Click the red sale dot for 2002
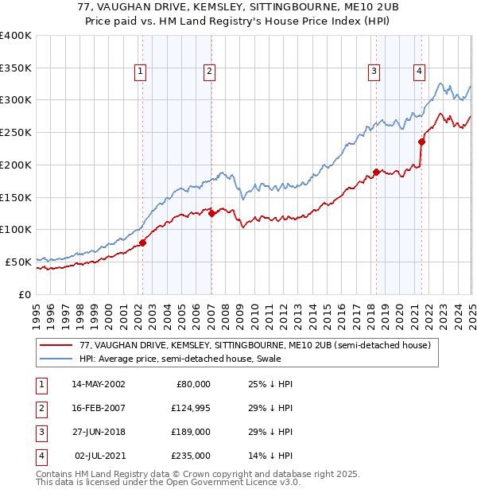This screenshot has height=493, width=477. (x=143, y=243)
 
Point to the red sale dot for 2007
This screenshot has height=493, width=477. (x=211, y=213)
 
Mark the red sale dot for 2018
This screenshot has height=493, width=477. (x=376, y=172)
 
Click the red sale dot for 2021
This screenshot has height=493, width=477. (x=422, y=142)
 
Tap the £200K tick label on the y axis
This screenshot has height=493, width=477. (x=16, y=165)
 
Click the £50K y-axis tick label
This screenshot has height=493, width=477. (x=18, y=262)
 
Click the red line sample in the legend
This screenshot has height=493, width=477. (x=56, y=346)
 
